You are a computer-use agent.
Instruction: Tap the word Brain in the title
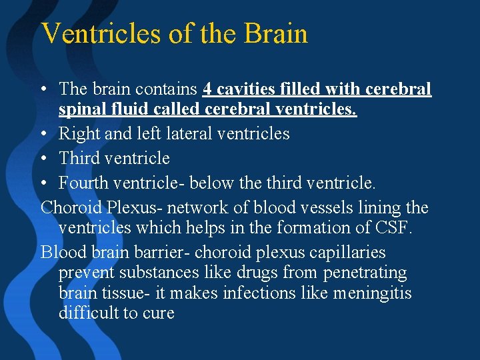click(275, 33)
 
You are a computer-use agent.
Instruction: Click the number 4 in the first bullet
click(207, 89)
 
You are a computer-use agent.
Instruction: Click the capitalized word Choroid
click(65, 207)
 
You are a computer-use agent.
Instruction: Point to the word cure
click(159, 313)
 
